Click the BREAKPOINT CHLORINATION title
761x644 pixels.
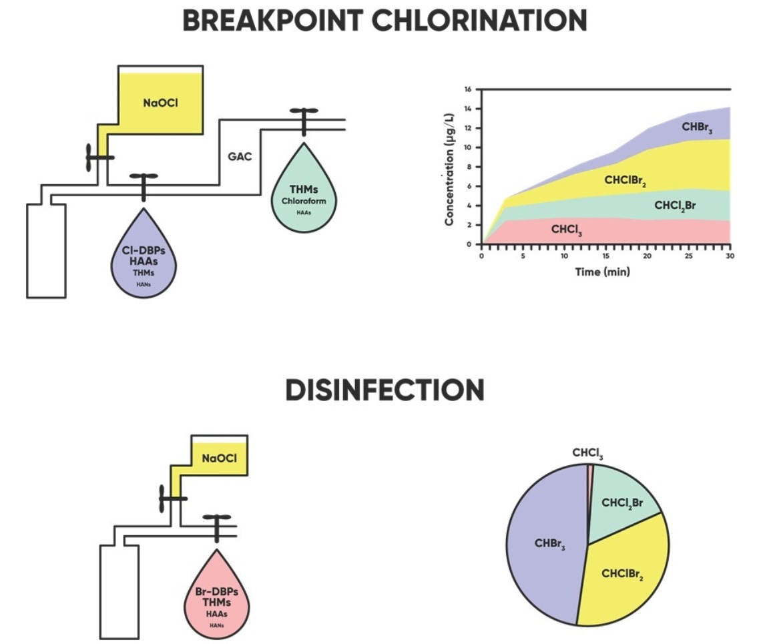[x=385, y=21]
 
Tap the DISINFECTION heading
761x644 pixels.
[x=385, y=390]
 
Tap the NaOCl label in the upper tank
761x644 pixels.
[x=160, y=103]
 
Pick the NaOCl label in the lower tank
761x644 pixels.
[x=220, y=458]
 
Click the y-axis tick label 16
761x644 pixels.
[x=469, y=89]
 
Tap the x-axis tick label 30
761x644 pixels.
[x=730, y=256]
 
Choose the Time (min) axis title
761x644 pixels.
[x=603, y=272]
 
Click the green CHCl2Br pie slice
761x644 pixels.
[x=622, y=503]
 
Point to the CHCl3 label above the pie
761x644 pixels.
[x=588, y=454]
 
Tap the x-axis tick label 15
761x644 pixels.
[x=606, y=256]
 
